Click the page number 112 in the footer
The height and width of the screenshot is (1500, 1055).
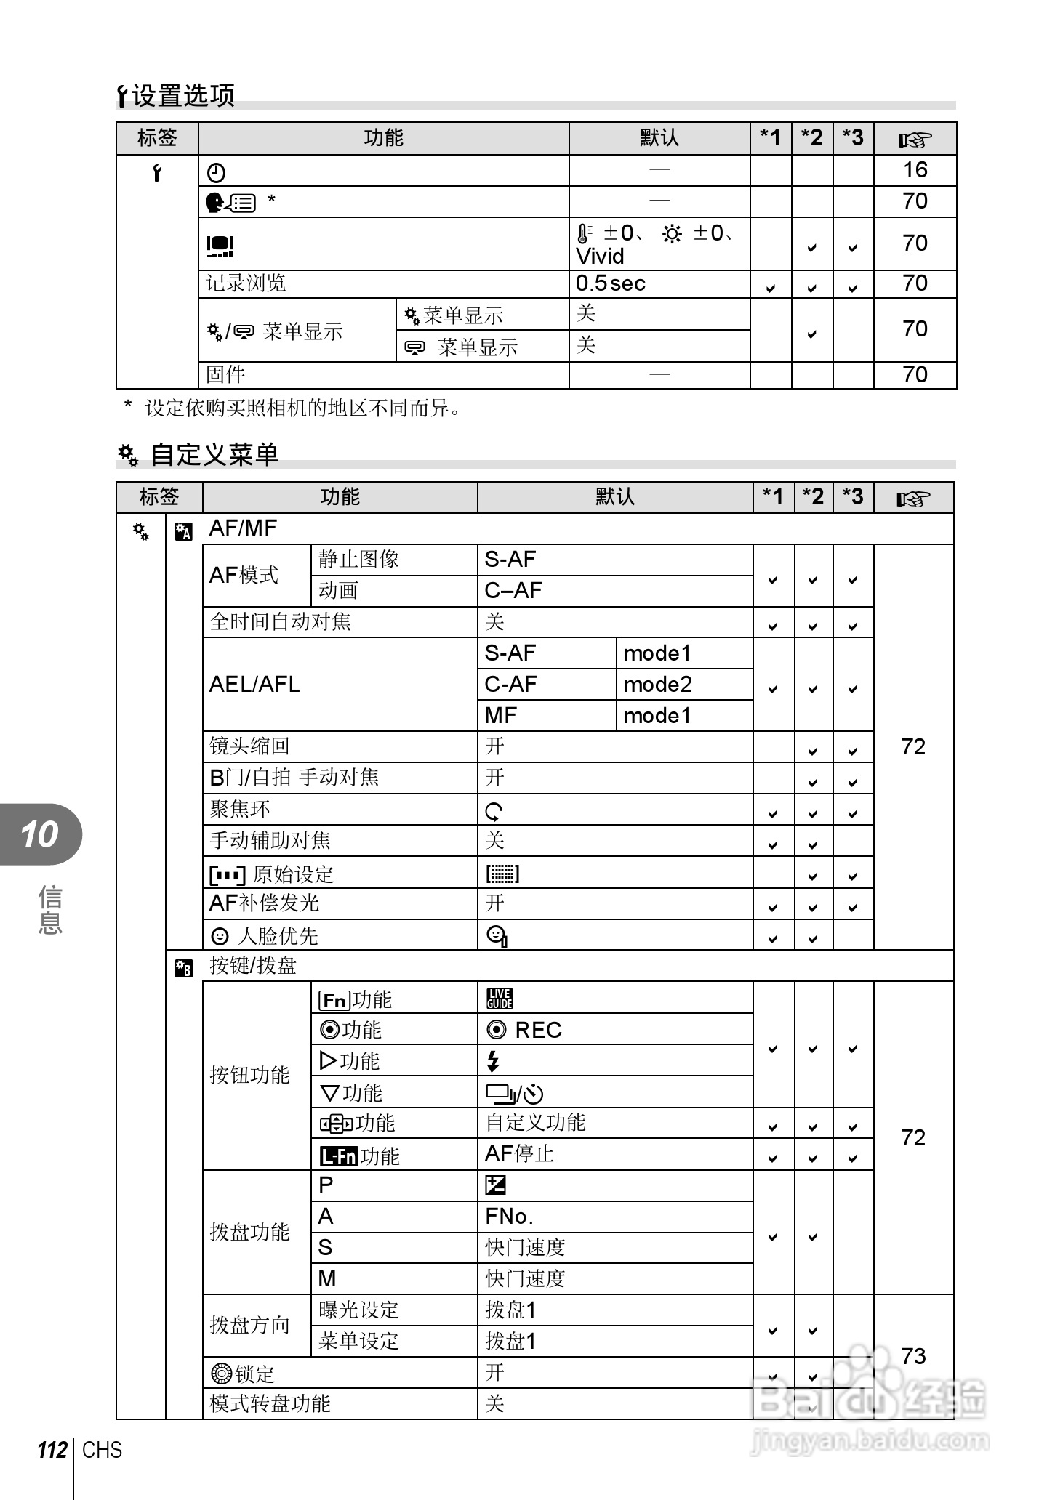(x=52, y=1451)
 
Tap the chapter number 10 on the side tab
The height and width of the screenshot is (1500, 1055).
(x=39, y=834)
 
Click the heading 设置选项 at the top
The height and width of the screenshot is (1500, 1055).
(x=182, y=96)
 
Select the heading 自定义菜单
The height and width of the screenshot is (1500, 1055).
(x=214, y=455)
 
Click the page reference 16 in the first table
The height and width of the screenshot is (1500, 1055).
(x=915, y=170)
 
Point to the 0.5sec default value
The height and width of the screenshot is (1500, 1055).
(x=610, y=283)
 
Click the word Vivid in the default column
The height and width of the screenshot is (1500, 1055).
(x=600, y=257)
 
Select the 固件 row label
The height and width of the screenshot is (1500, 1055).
(x=225, y=375)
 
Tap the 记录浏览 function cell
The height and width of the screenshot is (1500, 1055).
(x=246, y=283)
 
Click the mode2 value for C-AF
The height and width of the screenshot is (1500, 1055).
(x=657, y=685)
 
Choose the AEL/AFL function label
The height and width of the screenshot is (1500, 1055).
(x=254, y=685)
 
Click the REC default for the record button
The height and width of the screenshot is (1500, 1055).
(x=537, y=1031)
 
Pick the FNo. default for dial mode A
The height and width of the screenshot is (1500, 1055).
(x=509, y=1217)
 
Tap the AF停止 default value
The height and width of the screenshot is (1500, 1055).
(x=519, y=1154)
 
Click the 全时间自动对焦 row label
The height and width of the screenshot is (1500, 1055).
(x=280, y=622)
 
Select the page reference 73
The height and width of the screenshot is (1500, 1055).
(x=913, y=1356)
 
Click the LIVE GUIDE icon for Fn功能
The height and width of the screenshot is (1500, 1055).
(x=500, y=999)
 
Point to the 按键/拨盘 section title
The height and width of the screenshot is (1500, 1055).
(x=252, y=966)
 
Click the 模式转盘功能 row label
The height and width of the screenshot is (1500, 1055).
(x=270, y=1403)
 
